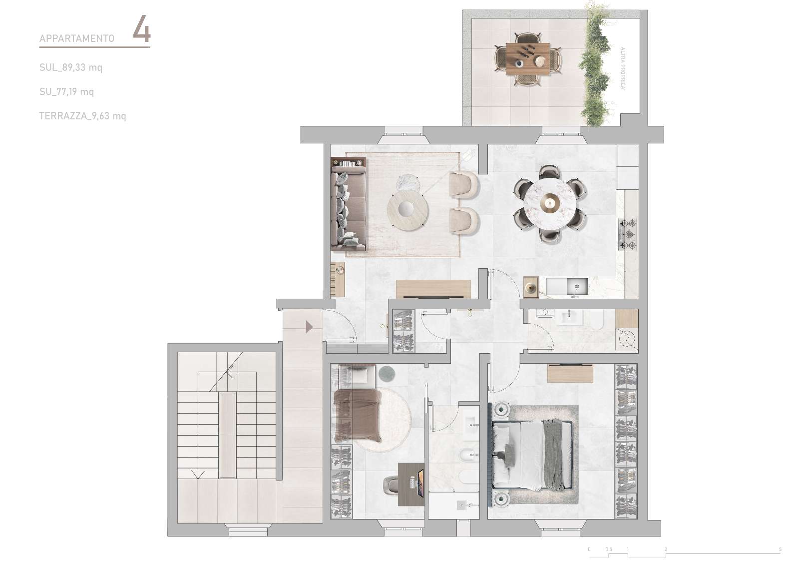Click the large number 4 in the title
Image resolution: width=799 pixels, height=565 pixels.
pos(142,29)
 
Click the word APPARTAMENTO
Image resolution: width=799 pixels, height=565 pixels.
pos(77,38)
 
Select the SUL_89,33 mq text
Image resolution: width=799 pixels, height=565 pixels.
pos(70,67)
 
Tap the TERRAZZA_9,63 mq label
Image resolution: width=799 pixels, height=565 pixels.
pos(82,116)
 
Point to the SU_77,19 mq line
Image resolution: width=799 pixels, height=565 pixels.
pos(66,92)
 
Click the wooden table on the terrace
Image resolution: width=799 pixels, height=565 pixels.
pos(528,59)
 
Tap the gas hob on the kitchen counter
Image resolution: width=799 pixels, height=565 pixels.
pos(628,234)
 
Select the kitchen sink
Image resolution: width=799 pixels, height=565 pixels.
pos(577,286)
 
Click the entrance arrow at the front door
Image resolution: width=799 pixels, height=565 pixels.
pos(309,327)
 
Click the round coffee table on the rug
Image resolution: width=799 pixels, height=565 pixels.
pos(408,210)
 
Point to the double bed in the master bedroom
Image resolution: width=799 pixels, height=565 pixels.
pos(532,455)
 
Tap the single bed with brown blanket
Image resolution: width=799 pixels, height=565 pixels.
pos(357,415)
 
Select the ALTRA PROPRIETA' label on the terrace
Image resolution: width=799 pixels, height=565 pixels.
pos(623,68)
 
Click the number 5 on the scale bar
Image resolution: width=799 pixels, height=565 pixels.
pos(780,550)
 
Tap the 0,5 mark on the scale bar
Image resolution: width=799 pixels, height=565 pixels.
pos(609,550)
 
